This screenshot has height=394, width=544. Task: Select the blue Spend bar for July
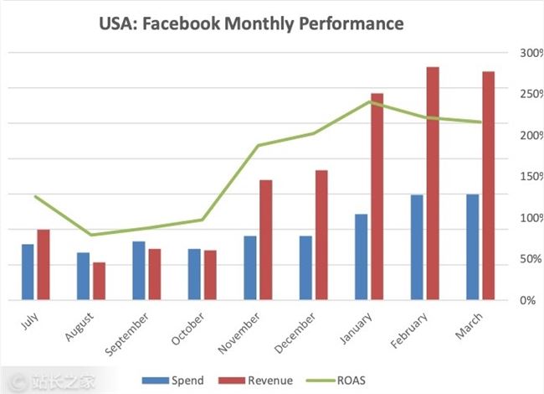point(28,272)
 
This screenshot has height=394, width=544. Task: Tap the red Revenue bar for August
point(99,281)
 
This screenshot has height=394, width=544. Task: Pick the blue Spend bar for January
point(361,257)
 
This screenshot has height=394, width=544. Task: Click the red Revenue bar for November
point(265,240)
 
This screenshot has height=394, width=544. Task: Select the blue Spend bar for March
point(472,246)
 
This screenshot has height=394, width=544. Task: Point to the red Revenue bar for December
point(321,235)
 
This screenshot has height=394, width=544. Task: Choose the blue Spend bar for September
point(138,270)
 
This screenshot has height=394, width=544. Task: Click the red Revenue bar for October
point(210,274)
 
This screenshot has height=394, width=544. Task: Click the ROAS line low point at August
point(91,235)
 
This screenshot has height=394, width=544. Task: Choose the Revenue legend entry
point(258,381)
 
